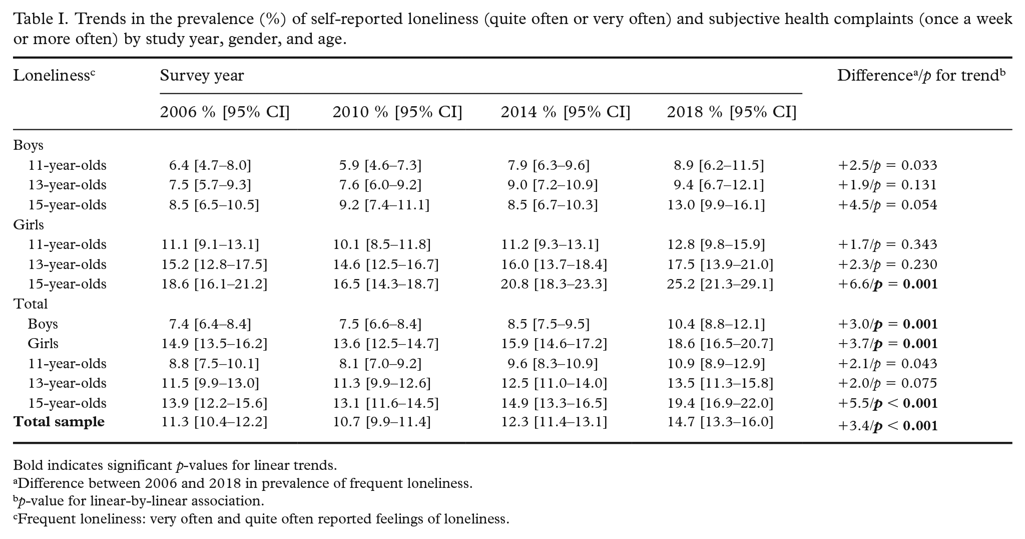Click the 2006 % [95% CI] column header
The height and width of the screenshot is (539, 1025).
coord(225,112)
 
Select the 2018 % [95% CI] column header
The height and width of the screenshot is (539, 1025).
coord(731,112)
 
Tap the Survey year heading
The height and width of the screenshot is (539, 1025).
coord(202,76)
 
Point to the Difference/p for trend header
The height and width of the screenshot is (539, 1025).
coord(921,76)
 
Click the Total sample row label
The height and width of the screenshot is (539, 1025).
coord(59,422)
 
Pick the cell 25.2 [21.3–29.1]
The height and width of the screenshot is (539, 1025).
coord(720,285)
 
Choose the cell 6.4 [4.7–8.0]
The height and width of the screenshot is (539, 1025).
coord(210,165)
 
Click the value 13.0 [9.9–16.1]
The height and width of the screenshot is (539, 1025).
coord(716,205)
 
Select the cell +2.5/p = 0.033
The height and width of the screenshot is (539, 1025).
coord(887,165)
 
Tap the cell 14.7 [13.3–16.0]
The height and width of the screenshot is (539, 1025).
coord(720,422)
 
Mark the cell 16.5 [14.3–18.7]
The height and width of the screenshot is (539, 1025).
coord(386,285)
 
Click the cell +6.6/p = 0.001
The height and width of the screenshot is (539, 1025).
coord(887,285)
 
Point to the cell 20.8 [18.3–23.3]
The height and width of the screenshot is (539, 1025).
coord(554,285)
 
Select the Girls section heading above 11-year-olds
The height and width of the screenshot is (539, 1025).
coord(29,225)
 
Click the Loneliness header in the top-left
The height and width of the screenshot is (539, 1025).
coord(54,76)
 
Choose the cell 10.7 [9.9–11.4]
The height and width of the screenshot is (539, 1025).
coord(382,422)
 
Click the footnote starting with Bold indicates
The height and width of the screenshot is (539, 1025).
coord(175,465)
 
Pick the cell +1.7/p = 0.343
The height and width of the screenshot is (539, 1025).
coord(887,244)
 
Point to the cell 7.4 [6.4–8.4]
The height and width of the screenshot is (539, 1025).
coord(210,324)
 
